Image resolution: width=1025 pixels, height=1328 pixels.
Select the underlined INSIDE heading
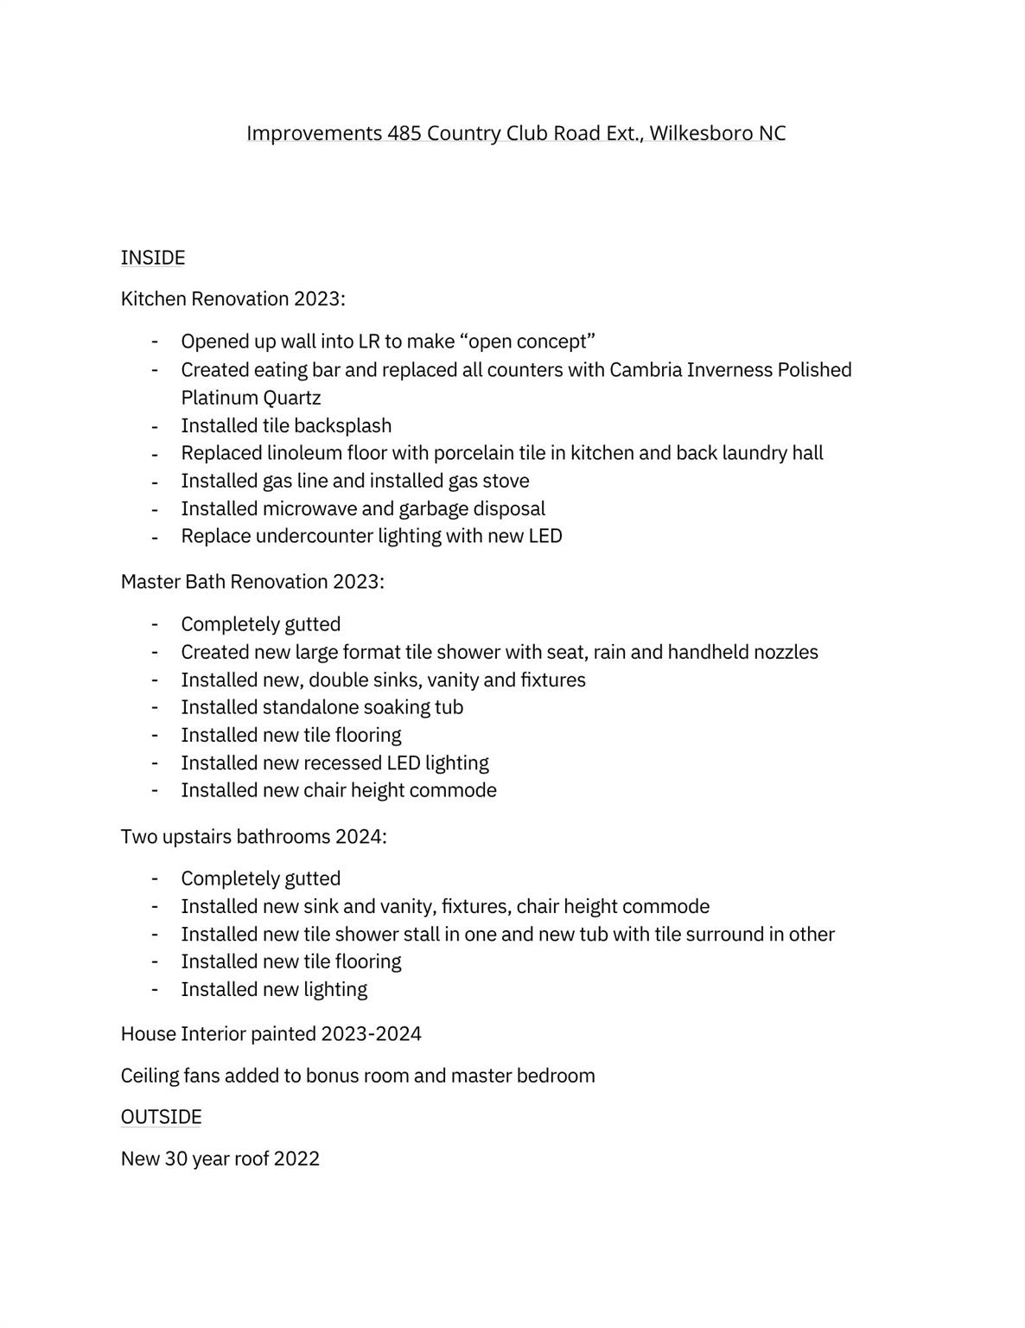(x=153, y=258)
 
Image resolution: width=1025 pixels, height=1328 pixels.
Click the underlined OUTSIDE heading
(x=161, y=1117)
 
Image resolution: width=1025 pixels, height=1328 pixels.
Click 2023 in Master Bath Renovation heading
(x=357, y=582)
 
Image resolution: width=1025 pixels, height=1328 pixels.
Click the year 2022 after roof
(x=296, y=1159)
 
